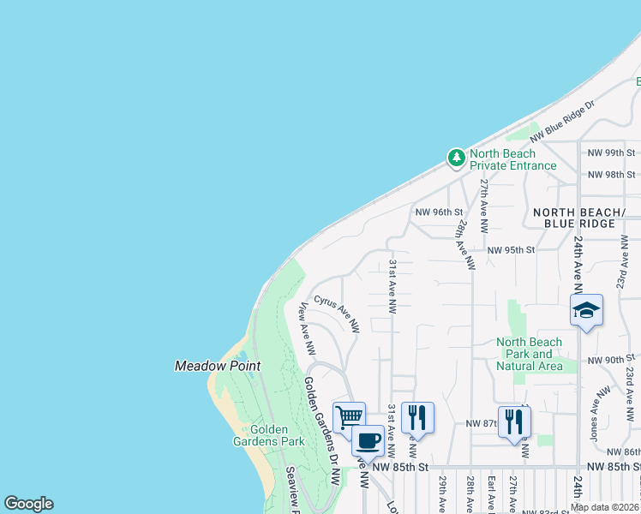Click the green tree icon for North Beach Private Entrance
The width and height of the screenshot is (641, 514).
point(456,158)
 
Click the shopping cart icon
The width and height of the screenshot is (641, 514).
point(349,417)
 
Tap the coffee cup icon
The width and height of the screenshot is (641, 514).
point(368,441)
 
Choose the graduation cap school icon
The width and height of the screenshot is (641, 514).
point(587,310)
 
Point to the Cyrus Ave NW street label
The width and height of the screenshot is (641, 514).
point(337,314)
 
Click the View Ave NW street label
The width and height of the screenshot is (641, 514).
point(307,329)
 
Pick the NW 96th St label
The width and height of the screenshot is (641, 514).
point(439,212)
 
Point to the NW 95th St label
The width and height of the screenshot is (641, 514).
point(511,250)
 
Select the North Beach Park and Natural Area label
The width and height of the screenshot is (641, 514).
point(530,354)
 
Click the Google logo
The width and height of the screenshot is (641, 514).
point(28,504)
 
